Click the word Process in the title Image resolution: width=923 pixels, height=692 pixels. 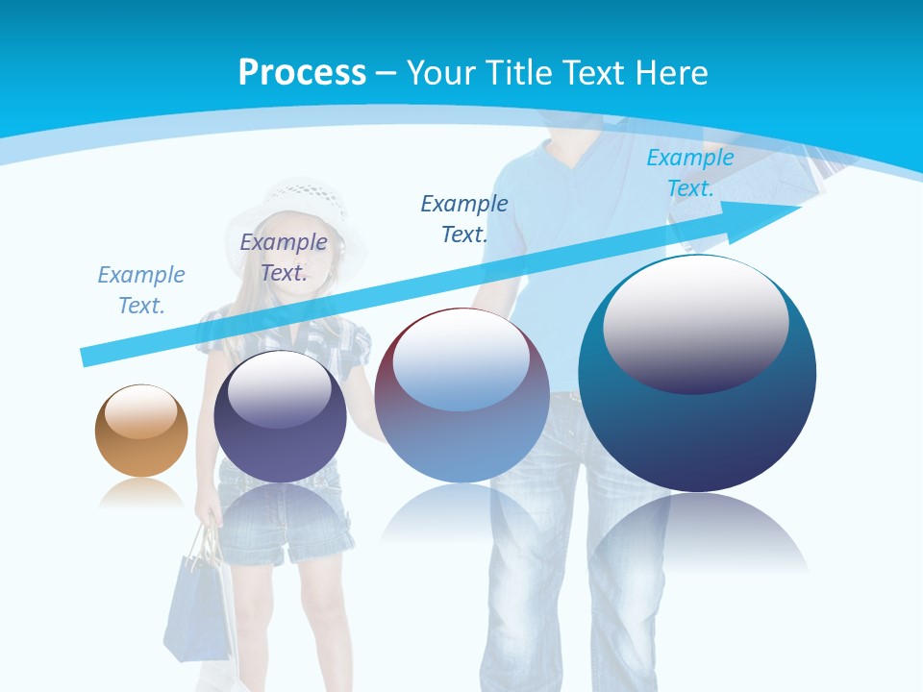302,73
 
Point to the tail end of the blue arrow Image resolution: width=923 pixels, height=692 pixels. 88,356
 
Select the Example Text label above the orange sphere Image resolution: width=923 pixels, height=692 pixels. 141,290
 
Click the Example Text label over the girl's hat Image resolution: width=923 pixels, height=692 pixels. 284,258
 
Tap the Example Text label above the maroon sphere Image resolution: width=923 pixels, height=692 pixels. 464,218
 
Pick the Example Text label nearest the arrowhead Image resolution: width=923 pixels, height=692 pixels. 690,173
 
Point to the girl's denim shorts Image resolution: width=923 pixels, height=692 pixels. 279,524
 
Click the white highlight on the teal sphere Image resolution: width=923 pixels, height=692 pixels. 696,322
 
